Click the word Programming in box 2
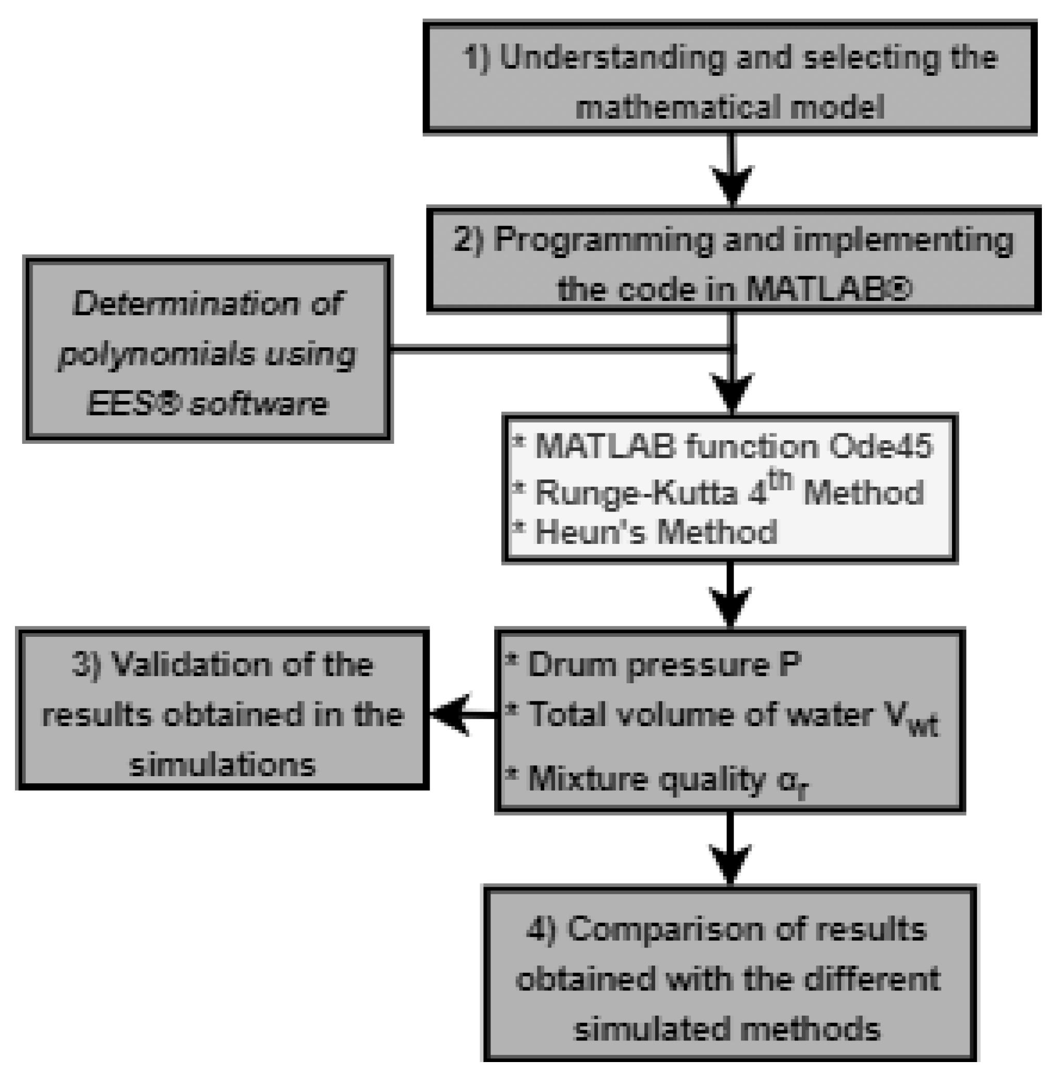click(x=604, y=240)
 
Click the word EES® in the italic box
click(x=133, y=404)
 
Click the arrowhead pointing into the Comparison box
click(x=731, y=863)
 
